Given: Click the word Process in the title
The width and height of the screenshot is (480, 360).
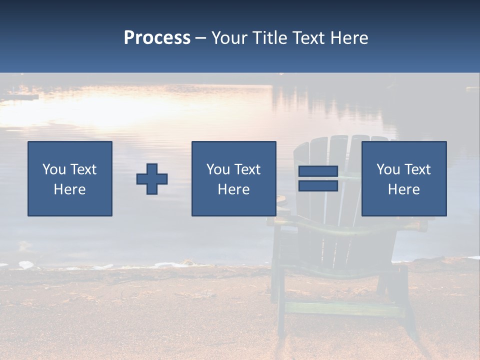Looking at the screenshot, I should tap(157, 38).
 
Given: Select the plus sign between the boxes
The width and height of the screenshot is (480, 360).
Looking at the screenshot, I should tap(152, 178).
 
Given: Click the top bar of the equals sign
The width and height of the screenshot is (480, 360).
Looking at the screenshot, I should tap(318, 171).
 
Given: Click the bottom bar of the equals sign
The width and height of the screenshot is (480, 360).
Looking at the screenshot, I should tap(318, 185).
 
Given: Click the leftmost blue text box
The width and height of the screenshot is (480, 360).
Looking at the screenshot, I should tap(70, 178).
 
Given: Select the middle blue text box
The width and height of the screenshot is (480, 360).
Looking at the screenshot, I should tap(233, 178).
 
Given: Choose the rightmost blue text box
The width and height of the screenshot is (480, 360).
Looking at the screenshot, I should tap(404, 178).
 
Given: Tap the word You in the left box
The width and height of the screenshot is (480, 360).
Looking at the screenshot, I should tap(54, 169).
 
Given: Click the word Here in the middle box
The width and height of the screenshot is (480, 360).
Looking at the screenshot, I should tap(233, 189).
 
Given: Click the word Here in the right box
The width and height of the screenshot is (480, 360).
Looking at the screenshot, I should tap(404, 189).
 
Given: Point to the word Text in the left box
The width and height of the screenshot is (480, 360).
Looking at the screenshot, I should tap(83, 169).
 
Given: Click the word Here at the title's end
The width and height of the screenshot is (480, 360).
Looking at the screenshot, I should tap(349, 38).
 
